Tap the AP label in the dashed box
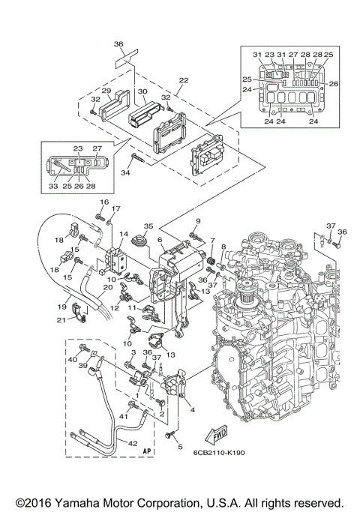point(148,451)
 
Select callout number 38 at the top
point(118,43)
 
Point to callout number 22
point(184,79)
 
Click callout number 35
point(148,226)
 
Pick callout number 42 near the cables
point(133,444)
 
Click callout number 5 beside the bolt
point(180,447)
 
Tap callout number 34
point(125,172)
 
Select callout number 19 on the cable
point(62,307)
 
